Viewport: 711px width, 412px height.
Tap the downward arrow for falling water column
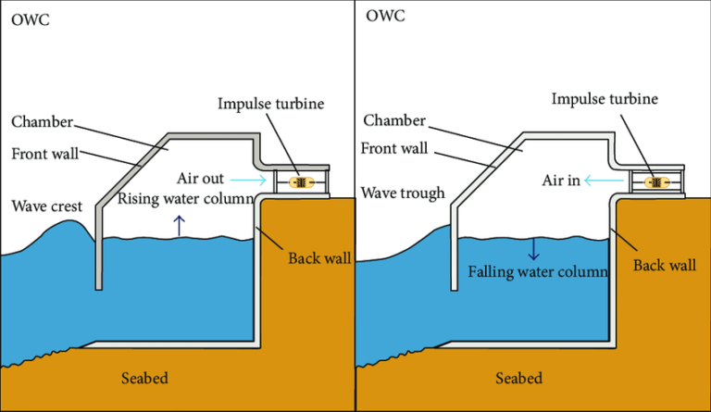533,248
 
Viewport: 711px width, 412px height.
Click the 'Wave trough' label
403,194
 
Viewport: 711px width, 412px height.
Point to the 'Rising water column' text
184,199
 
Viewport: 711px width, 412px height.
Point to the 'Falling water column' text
537,272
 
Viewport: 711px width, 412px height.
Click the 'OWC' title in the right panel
384,17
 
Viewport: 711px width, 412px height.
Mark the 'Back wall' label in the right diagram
664,266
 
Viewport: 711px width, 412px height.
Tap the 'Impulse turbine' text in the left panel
271,103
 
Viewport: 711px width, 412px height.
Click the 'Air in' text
561,181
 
